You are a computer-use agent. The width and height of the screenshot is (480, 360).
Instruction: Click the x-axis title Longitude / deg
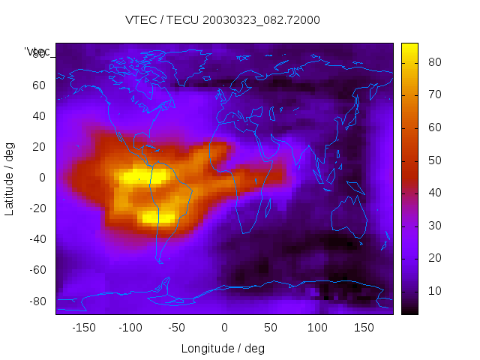[223, 349]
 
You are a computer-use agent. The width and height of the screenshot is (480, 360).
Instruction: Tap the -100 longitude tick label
[130, 328]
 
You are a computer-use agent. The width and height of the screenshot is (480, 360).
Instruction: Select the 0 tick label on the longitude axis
[223, 328]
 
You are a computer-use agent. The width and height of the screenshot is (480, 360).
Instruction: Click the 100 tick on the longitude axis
[317, 328]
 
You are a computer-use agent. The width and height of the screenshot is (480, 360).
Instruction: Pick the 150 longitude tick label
[364, 328]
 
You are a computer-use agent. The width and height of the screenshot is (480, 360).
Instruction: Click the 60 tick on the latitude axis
[38, 85]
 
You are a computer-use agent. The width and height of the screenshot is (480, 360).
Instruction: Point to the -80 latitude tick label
[36, 301]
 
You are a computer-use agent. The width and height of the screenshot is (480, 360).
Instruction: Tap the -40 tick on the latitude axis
[36, 239]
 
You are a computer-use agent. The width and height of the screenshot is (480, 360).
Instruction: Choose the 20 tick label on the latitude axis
[38, 146]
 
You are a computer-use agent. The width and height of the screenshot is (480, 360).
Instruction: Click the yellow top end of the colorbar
[409, 49]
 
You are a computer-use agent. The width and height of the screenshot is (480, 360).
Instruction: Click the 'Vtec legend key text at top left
[37, 51]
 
